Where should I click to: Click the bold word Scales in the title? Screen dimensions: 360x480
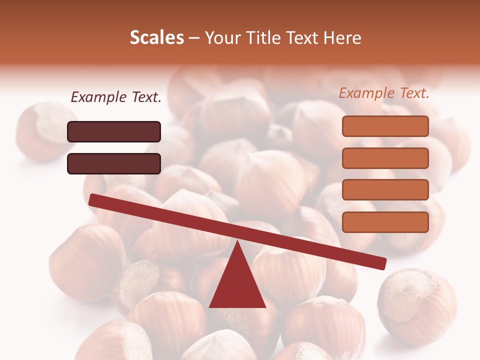(156, 37)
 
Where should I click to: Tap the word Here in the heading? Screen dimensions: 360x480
(341, 37)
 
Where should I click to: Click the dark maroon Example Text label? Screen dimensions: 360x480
(116, 97)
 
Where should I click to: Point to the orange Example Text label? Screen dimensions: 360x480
(384, 93)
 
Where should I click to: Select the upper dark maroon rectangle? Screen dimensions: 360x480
(114, 131)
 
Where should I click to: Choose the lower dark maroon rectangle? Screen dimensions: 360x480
(114, 163)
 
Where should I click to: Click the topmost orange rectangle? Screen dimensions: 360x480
(385, 126)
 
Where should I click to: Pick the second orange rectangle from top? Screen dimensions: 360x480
(385, 158)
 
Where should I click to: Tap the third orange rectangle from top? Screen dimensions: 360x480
(385, 190)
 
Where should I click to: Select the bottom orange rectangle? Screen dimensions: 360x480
(385, 222)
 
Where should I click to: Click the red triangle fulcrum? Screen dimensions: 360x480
(237, 282)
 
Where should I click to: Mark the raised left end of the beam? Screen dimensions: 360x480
(93, 199)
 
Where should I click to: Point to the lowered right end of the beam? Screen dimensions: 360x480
(382, 263)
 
